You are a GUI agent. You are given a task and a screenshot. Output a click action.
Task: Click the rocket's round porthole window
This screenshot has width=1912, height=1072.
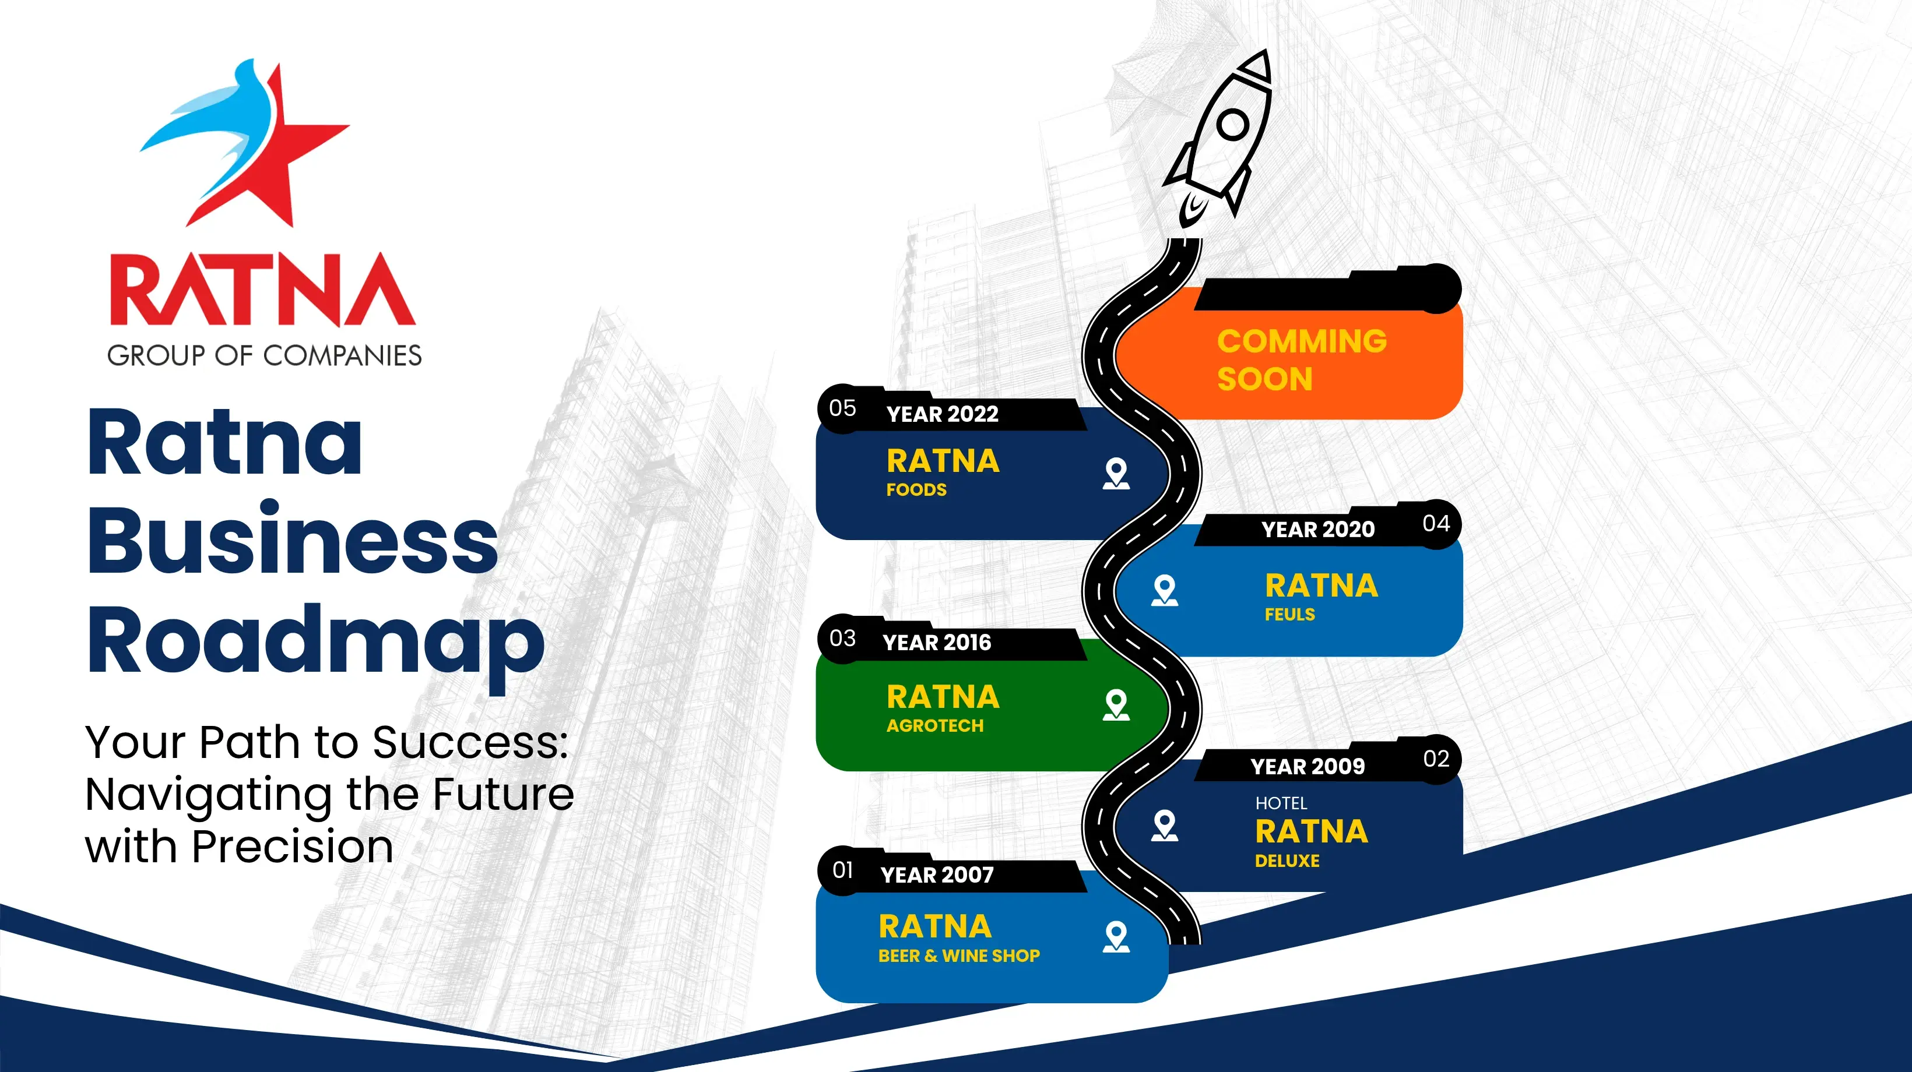(x=1233, y=124)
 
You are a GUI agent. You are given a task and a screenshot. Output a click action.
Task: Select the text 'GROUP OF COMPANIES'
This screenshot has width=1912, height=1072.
(x=264, y=355)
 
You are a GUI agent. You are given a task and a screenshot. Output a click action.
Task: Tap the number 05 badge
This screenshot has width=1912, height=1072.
(x=842, y=408)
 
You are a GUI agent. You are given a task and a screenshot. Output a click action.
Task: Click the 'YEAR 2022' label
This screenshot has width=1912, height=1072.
(x=943, y=414)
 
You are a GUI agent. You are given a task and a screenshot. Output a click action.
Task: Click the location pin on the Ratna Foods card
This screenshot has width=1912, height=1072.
(x=1116, y=473)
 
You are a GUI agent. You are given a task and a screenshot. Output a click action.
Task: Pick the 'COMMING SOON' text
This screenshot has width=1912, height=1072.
(x=1302, y=360)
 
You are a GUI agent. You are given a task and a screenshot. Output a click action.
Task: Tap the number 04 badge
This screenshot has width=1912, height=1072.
(x=1436, y=524)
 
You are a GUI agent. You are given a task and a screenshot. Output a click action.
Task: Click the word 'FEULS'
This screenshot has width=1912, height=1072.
(x=1290, y=614)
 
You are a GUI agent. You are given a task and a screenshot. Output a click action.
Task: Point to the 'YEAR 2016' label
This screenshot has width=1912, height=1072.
(x=937, y=643)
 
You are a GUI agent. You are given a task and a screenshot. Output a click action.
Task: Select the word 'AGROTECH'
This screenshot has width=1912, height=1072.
(x=935, y=725)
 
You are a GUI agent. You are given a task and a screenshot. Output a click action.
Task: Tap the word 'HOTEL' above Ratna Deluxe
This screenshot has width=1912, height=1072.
(x=1281, y=803)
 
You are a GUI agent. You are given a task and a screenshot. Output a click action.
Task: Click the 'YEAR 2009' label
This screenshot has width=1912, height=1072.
(x=1308, y=766)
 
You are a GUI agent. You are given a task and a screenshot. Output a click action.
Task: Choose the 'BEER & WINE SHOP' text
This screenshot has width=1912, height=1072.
(x=959, y=955)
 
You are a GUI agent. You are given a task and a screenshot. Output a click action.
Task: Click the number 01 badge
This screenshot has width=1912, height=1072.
(x=842, y=870)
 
